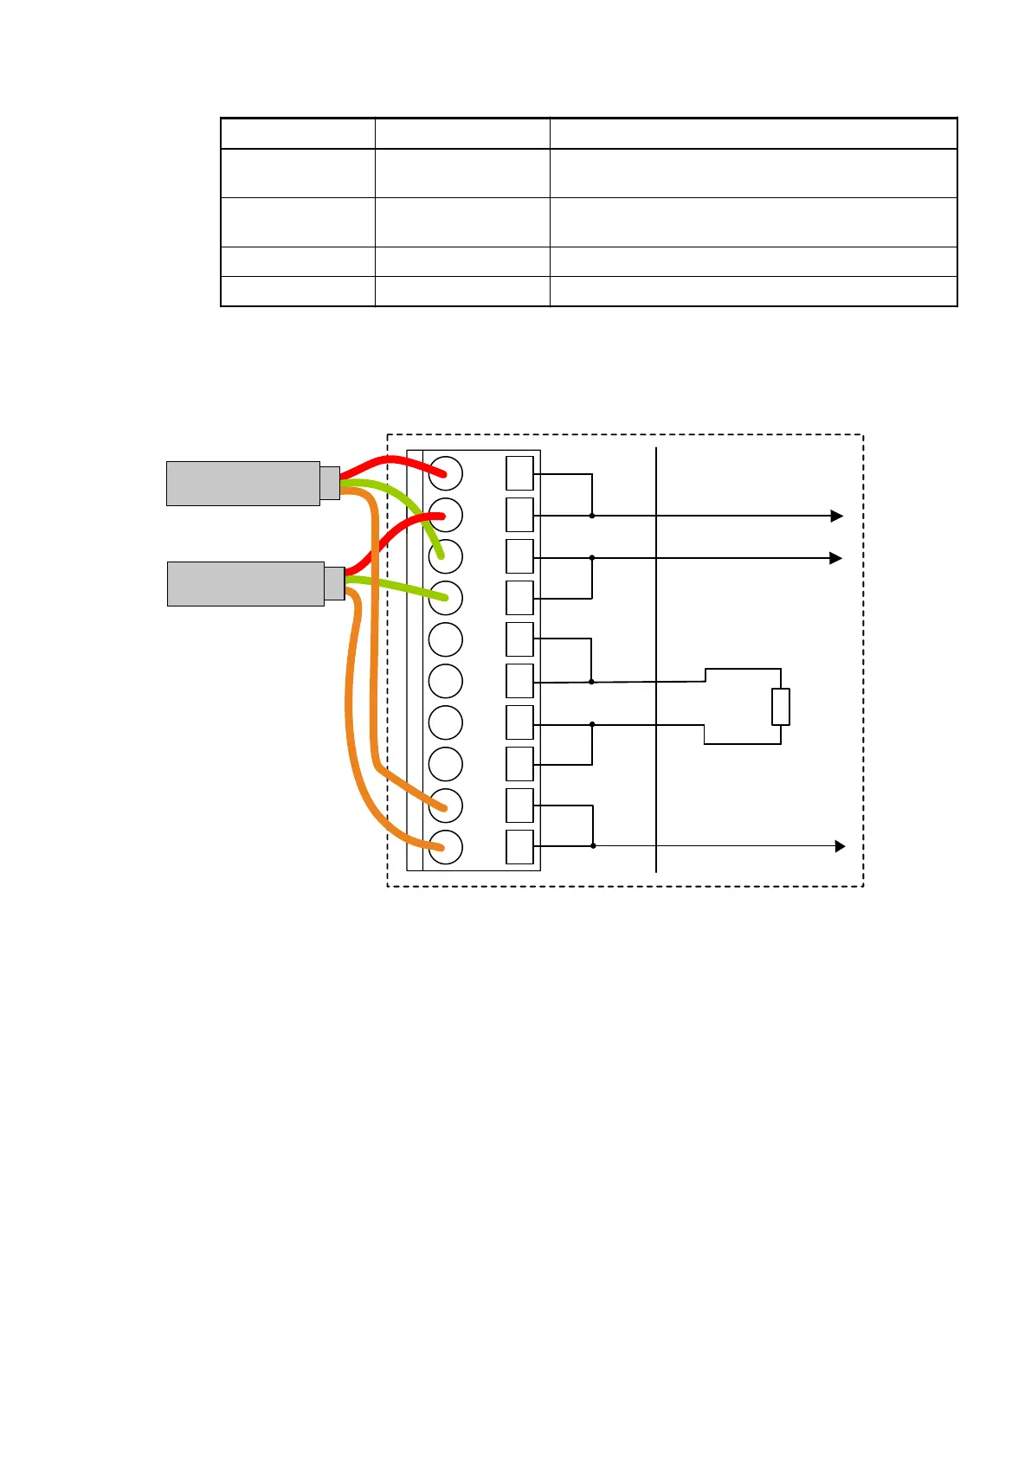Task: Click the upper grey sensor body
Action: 242,483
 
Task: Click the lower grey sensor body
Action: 245,584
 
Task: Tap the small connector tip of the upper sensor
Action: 330,483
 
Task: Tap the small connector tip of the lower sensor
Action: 334,583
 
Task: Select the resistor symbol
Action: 781,707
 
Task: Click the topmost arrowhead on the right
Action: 836,516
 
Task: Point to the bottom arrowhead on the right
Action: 840,846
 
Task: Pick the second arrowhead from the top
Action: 836,558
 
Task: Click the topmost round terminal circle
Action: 446,473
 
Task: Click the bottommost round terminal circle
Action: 446,847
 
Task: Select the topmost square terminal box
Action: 519,473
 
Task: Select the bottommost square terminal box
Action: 519,847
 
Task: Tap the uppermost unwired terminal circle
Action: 446,639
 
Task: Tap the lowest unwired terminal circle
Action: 446,764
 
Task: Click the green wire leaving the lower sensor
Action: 398,587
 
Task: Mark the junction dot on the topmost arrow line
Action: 592,516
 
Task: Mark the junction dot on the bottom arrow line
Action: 593,845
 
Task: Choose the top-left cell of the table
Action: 298,133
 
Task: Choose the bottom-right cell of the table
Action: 753,292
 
